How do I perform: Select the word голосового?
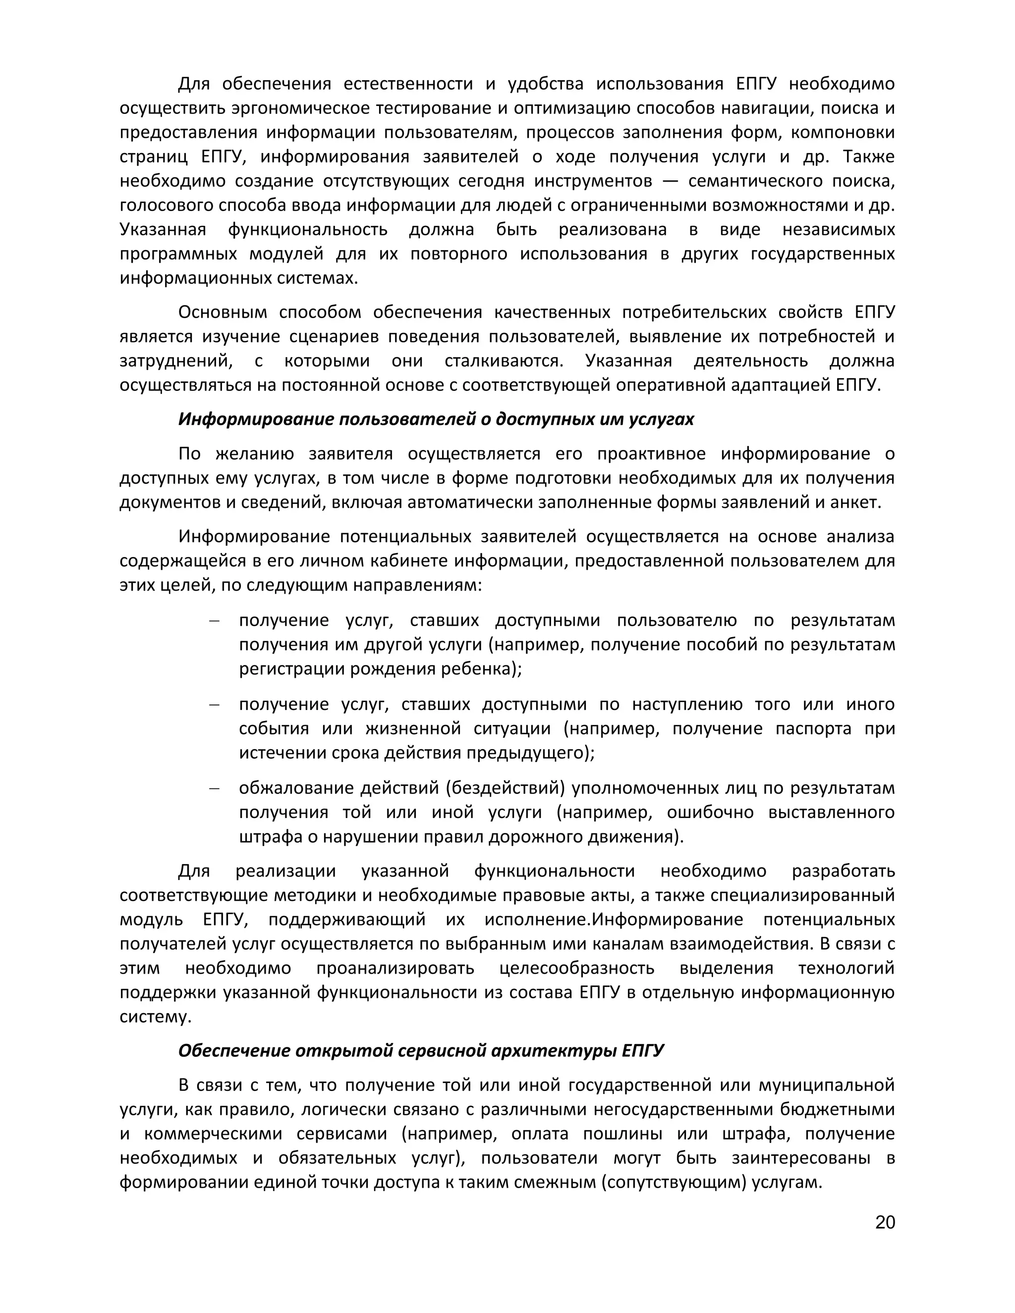pos(166,205)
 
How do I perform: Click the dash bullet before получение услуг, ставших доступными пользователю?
pos(214,620)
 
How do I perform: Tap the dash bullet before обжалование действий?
pos(214,788)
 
